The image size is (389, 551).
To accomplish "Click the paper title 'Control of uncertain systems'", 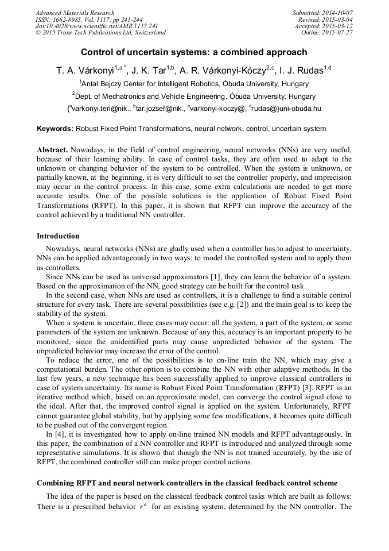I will point(194,52).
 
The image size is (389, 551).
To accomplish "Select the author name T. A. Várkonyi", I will point(84,71).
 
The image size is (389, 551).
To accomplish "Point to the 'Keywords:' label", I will point(55,129).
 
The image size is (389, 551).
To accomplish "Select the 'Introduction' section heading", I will point(58,236).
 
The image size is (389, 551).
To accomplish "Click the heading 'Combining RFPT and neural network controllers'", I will point(187,483).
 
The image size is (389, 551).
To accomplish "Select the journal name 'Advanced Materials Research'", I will point(75,13).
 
